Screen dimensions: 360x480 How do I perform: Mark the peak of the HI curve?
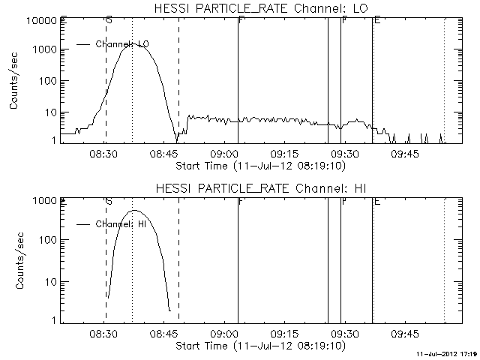point(134,211)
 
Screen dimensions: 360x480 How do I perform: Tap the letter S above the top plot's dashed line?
point(109,19)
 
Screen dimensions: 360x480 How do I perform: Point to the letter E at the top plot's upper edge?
point(376,19)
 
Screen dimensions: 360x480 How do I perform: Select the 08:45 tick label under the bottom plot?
point(165,334)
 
